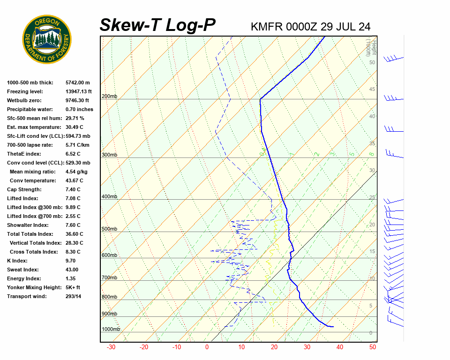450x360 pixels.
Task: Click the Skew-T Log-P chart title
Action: click(157, 25)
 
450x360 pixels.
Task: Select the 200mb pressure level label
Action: click(109, 97)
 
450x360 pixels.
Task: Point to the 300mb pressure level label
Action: click(109, 155)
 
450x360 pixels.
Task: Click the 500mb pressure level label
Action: click(109, 229)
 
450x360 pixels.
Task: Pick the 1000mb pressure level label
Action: click(111, 329)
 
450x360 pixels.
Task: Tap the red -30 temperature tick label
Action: click(111, 347)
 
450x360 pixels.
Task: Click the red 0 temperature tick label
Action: click(207, 347)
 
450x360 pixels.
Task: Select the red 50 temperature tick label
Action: click(373, 347)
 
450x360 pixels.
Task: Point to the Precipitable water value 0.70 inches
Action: click(79, 109)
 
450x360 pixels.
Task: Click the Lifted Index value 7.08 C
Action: click(73, 198)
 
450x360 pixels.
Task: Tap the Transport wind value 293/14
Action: click(74, 296)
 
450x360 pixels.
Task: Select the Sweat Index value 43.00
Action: click(72, 270)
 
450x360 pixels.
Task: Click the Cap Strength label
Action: click(24, 189)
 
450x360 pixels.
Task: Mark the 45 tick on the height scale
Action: click(372, 89)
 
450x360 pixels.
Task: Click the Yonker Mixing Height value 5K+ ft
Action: click(73, 287)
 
